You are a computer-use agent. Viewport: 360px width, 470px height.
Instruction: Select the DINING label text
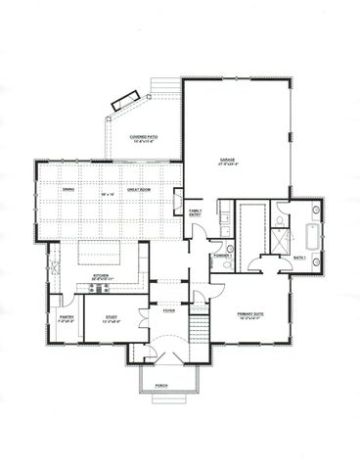(68, 190)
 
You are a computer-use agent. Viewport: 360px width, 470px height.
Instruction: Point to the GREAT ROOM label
(138, 190)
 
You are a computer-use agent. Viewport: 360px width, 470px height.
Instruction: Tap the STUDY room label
(110, 317)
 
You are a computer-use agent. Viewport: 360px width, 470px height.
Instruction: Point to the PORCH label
(161, 386)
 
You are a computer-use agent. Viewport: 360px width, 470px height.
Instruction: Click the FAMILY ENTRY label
(196, 211)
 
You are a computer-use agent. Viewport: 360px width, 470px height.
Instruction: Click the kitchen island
(99, 253)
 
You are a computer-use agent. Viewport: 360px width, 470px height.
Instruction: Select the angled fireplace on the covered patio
(124, 98)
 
